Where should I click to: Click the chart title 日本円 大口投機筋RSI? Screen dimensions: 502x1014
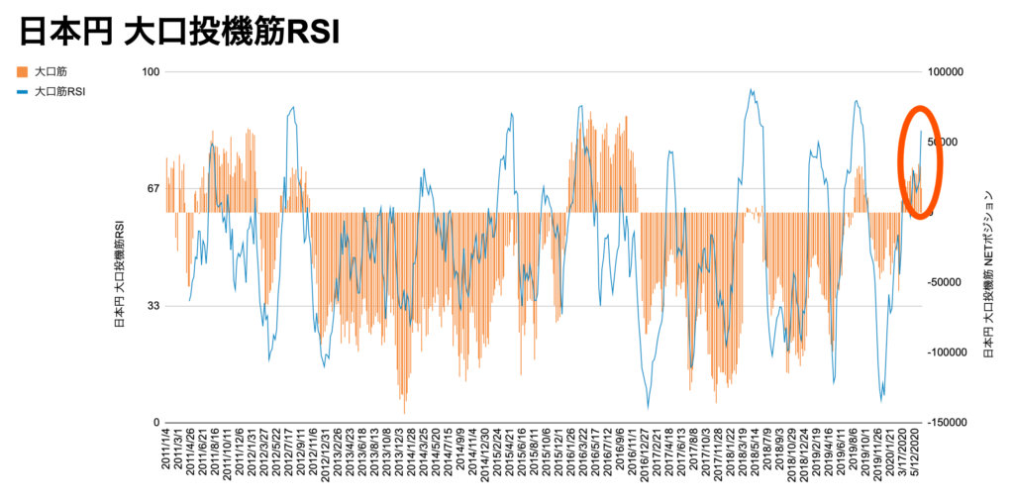tap(179, 32)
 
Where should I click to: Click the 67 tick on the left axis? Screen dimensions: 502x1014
tap(152, 188)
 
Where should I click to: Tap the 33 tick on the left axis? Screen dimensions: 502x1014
tap(152, 306)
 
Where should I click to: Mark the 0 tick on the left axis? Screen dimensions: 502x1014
tap(155, 422)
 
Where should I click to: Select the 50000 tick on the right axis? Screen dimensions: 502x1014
tap(949, 143)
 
